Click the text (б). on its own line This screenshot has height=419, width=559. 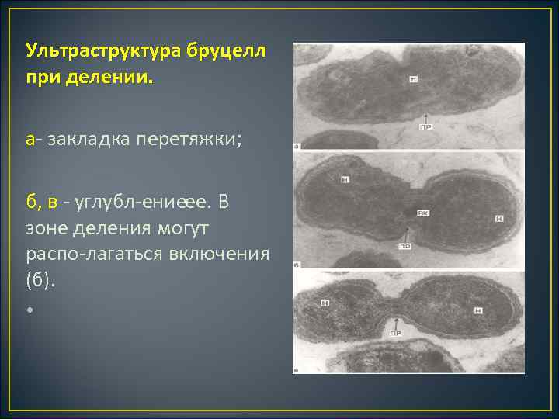[40, 280]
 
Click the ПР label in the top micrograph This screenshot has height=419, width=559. [425, 127]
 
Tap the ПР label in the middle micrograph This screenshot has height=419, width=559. [405, 245]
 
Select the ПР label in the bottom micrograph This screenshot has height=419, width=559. [395, 334]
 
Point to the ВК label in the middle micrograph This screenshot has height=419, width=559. [423, 212]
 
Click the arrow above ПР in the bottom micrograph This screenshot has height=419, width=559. [396, 321]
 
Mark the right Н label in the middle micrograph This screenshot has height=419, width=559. [499, 219]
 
